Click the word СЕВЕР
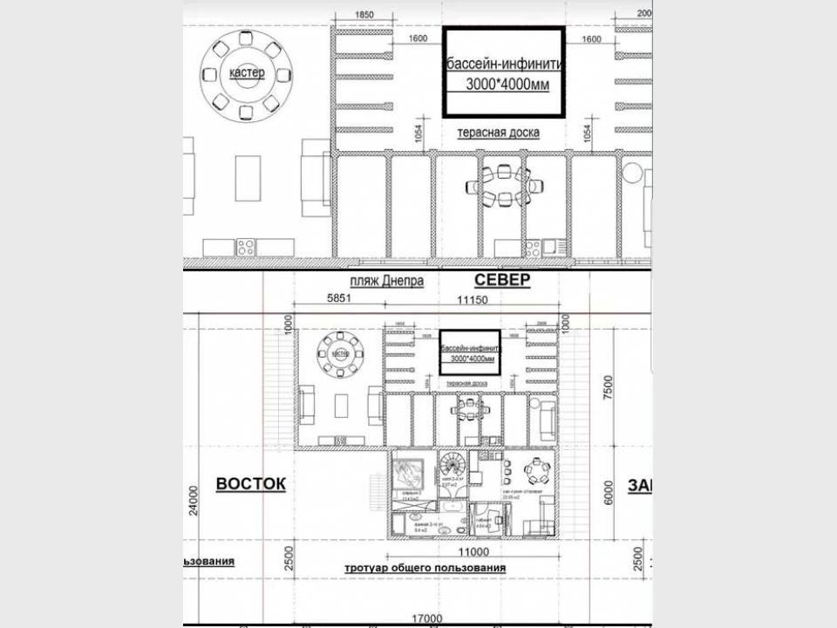pyautogui.click(x=502, y=280)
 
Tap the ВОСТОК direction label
pyautogui.click(x=249, y=485)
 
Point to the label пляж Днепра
pyautogui.click(x=387, y=282)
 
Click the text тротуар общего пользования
pyautogui.click(x=425, y=568)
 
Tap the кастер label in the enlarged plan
pyautogui.click(x=247, y=73)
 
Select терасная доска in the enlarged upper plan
pyautogui.click(x=499, y=133)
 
